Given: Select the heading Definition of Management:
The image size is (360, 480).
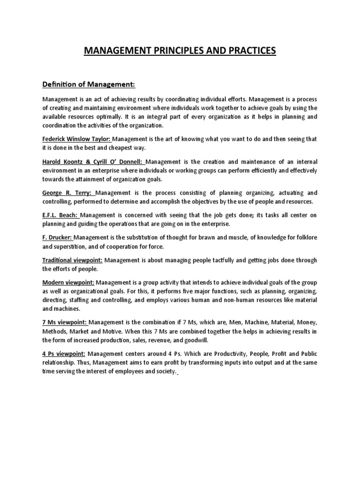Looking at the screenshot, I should [89, 84].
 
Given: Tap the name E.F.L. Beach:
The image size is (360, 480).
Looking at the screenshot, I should [61, 215].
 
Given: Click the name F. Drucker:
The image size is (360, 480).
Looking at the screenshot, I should [58, 238].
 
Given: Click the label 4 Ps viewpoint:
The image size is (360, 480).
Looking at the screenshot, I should [64, 353].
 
